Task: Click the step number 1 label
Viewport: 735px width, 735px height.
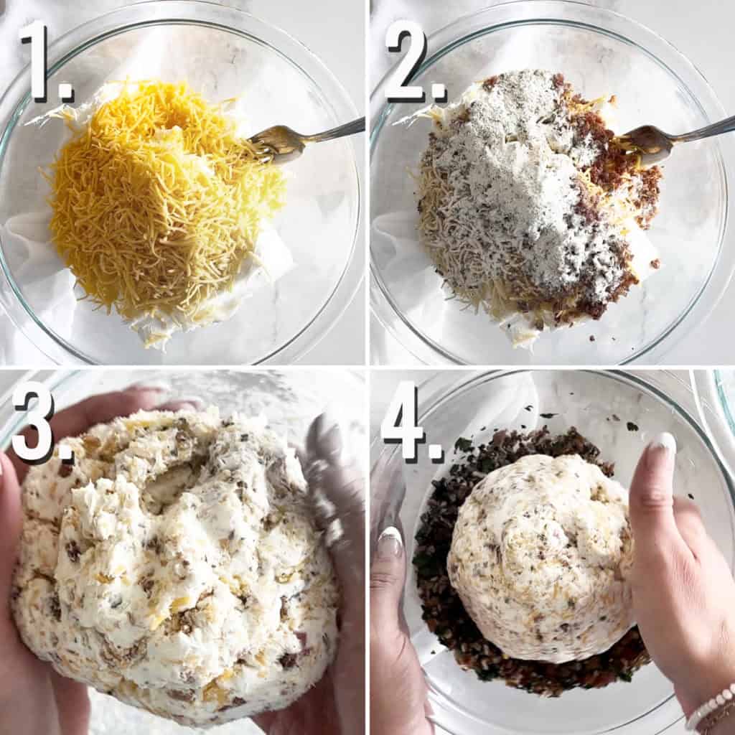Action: [45, 62]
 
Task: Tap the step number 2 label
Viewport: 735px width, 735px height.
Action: [413, 62]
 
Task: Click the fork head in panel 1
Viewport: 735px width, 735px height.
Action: [276, 141]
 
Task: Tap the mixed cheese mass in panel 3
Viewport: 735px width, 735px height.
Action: [179, 560]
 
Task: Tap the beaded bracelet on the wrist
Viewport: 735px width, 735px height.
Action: [711, 707]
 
